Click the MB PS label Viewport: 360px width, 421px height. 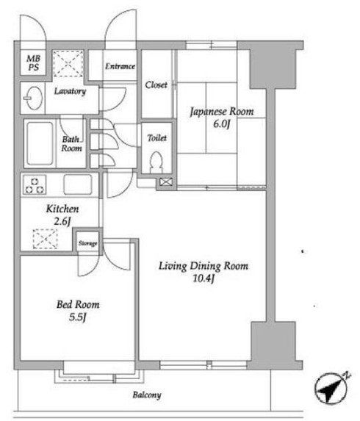pos(34,63)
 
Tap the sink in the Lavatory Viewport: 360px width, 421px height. pos(34,98)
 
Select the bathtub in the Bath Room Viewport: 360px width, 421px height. pos(40,143)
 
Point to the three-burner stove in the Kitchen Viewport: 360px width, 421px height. pos(35,184)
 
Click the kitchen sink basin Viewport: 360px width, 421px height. pos(78,184)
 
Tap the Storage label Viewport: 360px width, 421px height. pos(87,243)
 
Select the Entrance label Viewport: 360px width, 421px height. pos(120,66)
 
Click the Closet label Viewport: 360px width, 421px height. pos(156,85)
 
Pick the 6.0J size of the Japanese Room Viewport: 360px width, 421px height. pos(222,124)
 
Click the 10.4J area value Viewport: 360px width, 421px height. pos(204,278)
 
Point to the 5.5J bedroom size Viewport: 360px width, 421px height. pos(77,317)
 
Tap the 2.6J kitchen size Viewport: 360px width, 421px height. pos(62,221)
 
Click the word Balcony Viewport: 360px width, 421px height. pos(147,395)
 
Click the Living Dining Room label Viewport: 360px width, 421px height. pos(204,266)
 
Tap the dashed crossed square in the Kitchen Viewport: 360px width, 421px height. pos(45,239)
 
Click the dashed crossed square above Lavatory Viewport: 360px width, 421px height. pos(68,64)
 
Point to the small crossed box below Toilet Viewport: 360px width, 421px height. pos(166,182)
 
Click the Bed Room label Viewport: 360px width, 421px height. pos(78,305)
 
